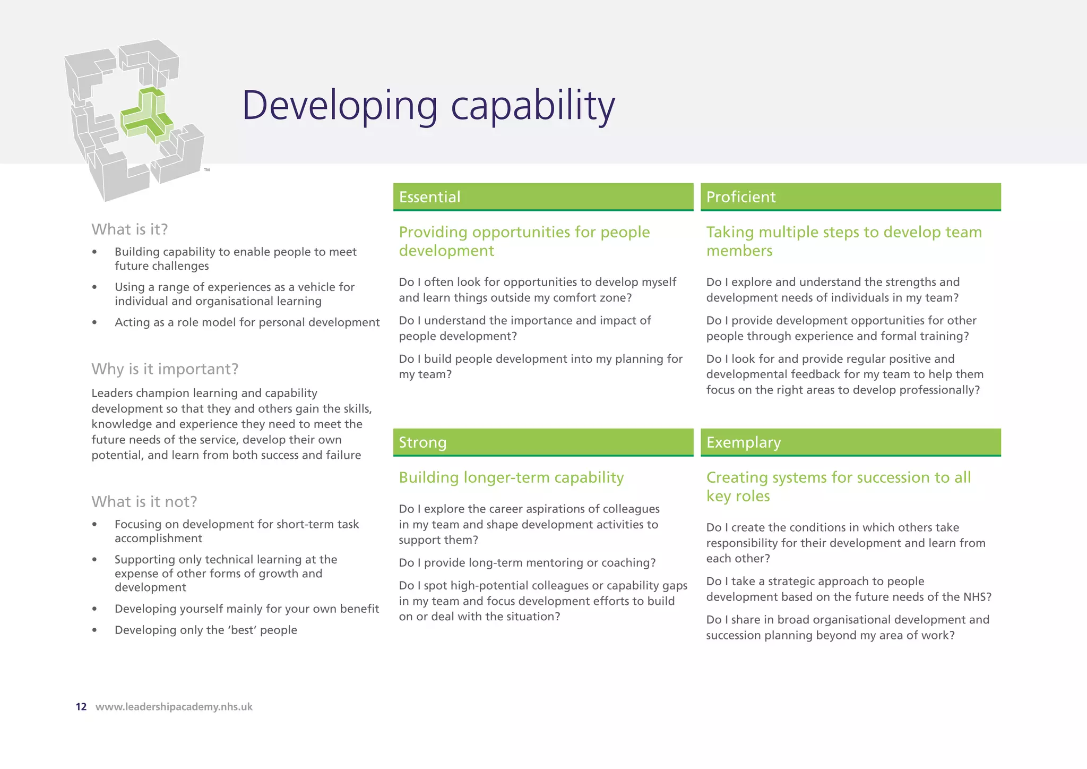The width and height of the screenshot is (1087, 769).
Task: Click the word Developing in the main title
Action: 340,106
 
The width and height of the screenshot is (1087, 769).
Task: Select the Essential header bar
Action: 543,197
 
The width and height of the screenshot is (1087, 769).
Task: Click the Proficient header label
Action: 741,197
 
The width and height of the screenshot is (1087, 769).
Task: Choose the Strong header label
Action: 422,442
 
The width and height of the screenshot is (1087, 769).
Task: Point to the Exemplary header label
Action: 744,442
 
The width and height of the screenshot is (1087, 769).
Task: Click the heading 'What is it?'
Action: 130,229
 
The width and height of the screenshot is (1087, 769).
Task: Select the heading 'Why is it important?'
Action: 165,369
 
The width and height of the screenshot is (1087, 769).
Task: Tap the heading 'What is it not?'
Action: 144,502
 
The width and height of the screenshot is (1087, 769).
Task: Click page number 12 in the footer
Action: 81,707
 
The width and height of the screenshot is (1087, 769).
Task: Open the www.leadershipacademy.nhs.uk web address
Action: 174,707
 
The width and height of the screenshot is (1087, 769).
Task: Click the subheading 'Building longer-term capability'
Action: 511,477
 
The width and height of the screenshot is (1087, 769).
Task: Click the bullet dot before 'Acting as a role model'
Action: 94,323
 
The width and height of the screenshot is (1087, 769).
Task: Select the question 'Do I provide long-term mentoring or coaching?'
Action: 527,563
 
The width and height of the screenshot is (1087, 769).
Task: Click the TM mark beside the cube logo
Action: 207,170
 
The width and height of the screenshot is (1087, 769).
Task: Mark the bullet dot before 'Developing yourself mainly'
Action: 94,609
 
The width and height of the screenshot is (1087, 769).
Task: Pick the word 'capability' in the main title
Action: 533,106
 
